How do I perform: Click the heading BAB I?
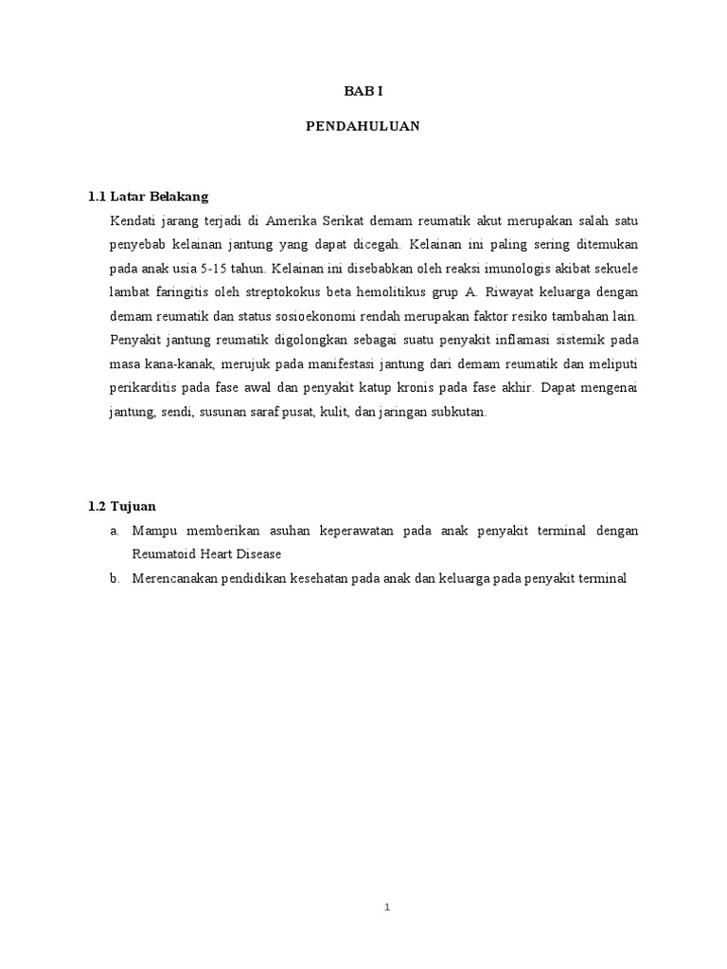click(x=363, y=92)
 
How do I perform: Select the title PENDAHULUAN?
click(x=363, y=125)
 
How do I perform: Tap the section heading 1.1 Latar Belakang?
click(x=148, y=197)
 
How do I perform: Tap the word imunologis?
click(x=502, y=268)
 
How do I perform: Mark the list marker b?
click(x=115, y=578)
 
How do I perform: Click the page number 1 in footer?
click(x=387, y=908)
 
